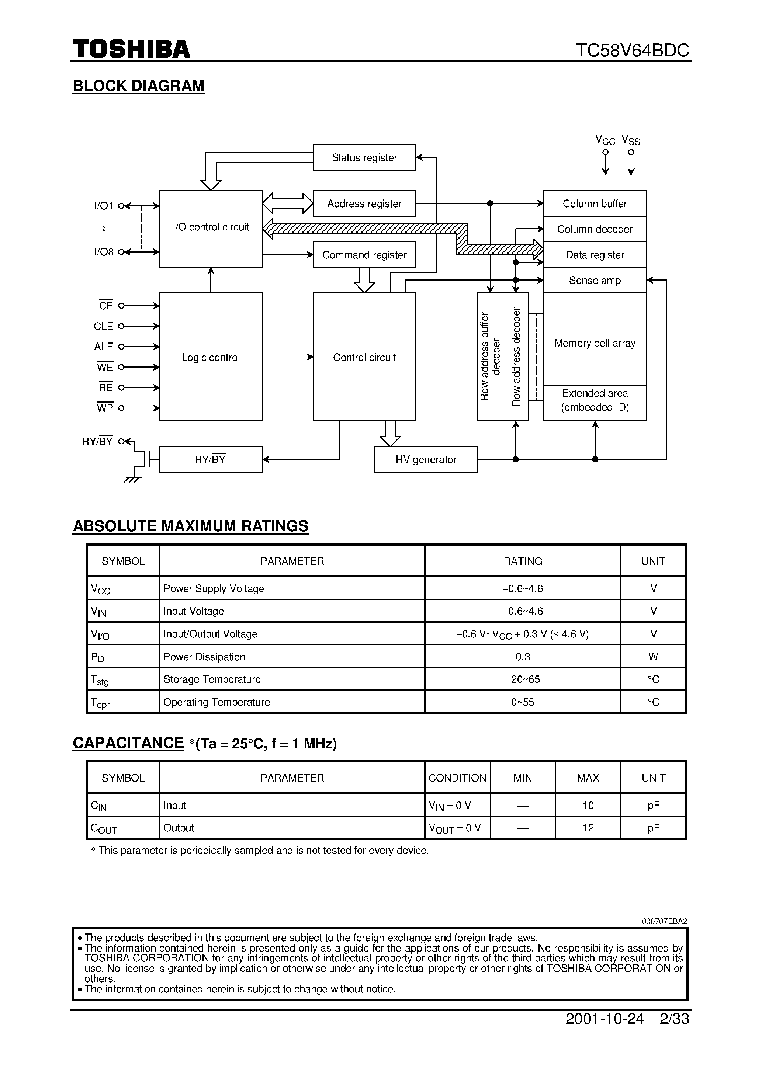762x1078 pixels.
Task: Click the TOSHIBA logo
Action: point(131,49)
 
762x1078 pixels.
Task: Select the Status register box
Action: point(364,157)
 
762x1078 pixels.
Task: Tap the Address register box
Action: point(364,203)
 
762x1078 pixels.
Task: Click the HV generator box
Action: point(426,459)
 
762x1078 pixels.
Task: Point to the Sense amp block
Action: point(595,280)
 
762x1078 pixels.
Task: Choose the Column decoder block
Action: point(595,229)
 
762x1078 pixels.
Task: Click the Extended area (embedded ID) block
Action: point(595,400)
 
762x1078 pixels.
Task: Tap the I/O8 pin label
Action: point(104,252)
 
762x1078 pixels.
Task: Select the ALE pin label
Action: point(103,347)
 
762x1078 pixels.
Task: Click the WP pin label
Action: point(105,408)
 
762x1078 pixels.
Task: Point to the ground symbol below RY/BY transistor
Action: point(133,479)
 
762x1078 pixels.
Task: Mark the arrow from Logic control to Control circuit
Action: point(288,357)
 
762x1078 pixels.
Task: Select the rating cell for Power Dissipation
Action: point(522,656)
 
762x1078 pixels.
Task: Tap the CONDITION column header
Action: point(457,778)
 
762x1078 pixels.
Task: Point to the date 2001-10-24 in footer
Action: point(605,1019)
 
